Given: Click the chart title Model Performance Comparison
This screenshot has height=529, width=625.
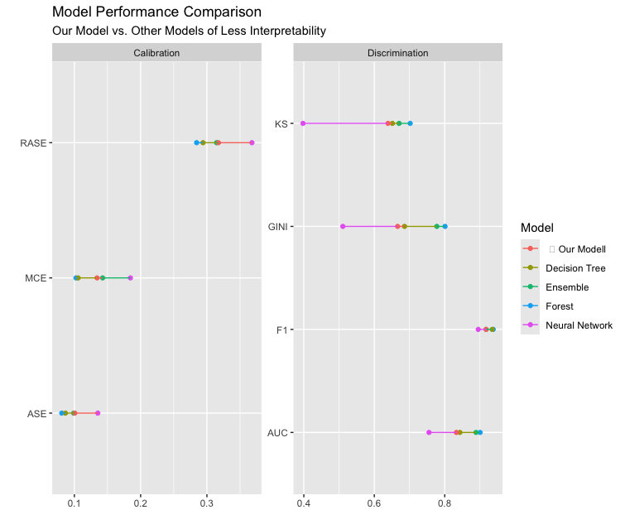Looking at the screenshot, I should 156,13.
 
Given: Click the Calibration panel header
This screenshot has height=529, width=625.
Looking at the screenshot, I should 156,53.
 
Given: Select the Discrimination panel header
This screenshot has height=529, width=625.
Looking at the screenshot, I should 397,53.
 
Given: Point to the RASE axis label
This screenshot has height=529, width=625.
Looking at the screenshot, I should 34,143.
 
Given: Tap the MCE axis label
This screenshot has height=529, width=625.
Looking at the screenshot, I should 36,278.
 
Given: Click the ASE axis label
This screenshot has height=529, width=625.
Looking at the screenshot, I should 36,413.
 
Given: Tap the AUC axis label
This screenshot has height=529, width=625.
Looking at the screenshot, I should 277,433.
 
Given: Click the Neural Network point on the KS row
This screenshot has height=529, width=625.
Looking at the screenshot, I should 303,123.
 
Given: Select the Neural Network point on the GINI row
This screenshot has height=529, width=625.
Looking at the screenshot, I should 343,226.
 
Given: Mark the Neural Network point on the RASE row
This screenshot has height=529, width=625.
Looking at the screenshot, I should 252,142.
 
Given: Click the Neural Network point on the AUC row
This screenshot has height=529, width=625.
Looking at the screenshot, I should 429,432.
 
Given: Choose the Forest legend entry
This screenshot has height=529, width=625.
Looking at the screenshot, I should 559,306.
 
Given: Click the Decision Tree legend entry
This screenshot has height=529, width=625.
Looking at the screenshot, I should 575,268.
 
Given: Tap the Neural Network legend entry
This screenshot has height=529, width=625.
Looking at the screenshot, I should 579,325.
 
